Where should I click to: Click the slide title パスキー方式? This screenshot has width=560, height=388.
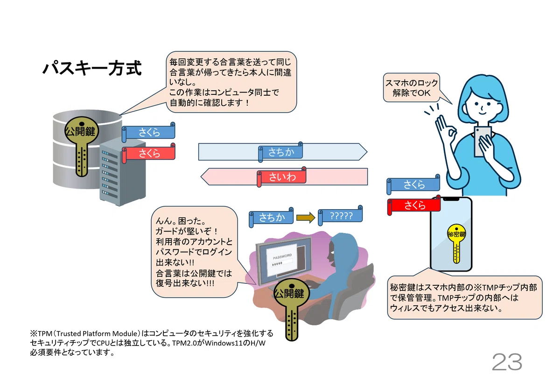(x=92, y=68)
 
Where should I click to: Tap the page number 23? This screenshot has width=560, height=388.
(x=507, y=362)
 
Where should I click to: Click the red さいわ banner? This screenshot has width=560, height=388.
(x=282, y=176)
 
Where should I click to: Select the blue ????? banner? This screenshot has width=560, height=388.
(x=341, y=216)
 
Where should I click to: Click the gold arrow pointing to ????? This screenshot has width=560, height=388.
(x=306, y=218)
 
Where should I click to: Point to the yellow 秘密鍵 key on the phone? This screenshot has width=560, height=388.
(x=456, y=243)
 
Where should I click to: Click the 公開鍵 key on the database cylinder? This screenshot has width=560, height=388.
(x=82, y=146)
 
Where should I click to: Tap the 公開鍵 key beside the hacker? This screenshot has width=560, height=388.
(x=292, y=309)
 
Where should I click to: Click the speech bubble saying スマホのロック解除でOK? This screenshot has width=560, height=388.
(x=412, y=88)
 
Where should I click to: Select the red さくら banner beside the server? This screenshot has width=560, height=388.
(x=149, y=153)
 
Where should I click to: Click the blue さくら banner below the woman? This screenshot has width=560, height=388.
(x=413, y=184)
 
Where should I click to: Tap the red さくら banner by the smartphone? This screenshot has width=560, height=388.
(x=414, y=205)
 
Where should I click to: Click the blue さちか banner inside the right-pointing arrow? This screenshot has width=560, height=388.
(x=281, y=152)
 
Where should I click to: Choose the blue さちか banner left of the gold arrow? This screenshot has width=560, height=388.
(x=272, y=217)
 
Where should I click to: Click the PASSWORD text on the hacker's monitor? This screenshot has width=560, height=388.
(x=282, y=256)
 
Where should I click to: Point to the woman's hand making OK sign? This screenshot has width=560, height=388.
(x=446, y=130)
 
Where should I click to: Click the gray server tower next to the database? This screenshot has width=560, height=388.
(x=122, y=173)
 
